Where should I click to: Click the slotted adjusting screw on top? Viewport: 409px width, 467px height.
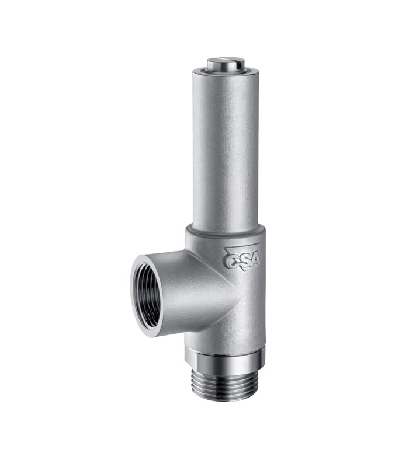[226, 64]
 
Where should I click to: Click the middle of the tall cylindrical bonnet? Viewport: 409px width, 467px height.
[226, 149]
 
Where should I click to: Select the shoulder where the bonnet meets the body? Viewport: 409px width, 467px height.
[225, 231]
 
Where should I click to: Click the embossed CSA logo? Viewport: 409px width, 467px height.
[242, 257]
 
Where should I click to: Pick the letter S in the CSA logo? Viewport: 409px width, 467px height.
[243, 260]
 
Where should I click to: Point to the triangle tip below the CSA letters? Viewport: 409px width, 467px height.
[245, 270]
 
